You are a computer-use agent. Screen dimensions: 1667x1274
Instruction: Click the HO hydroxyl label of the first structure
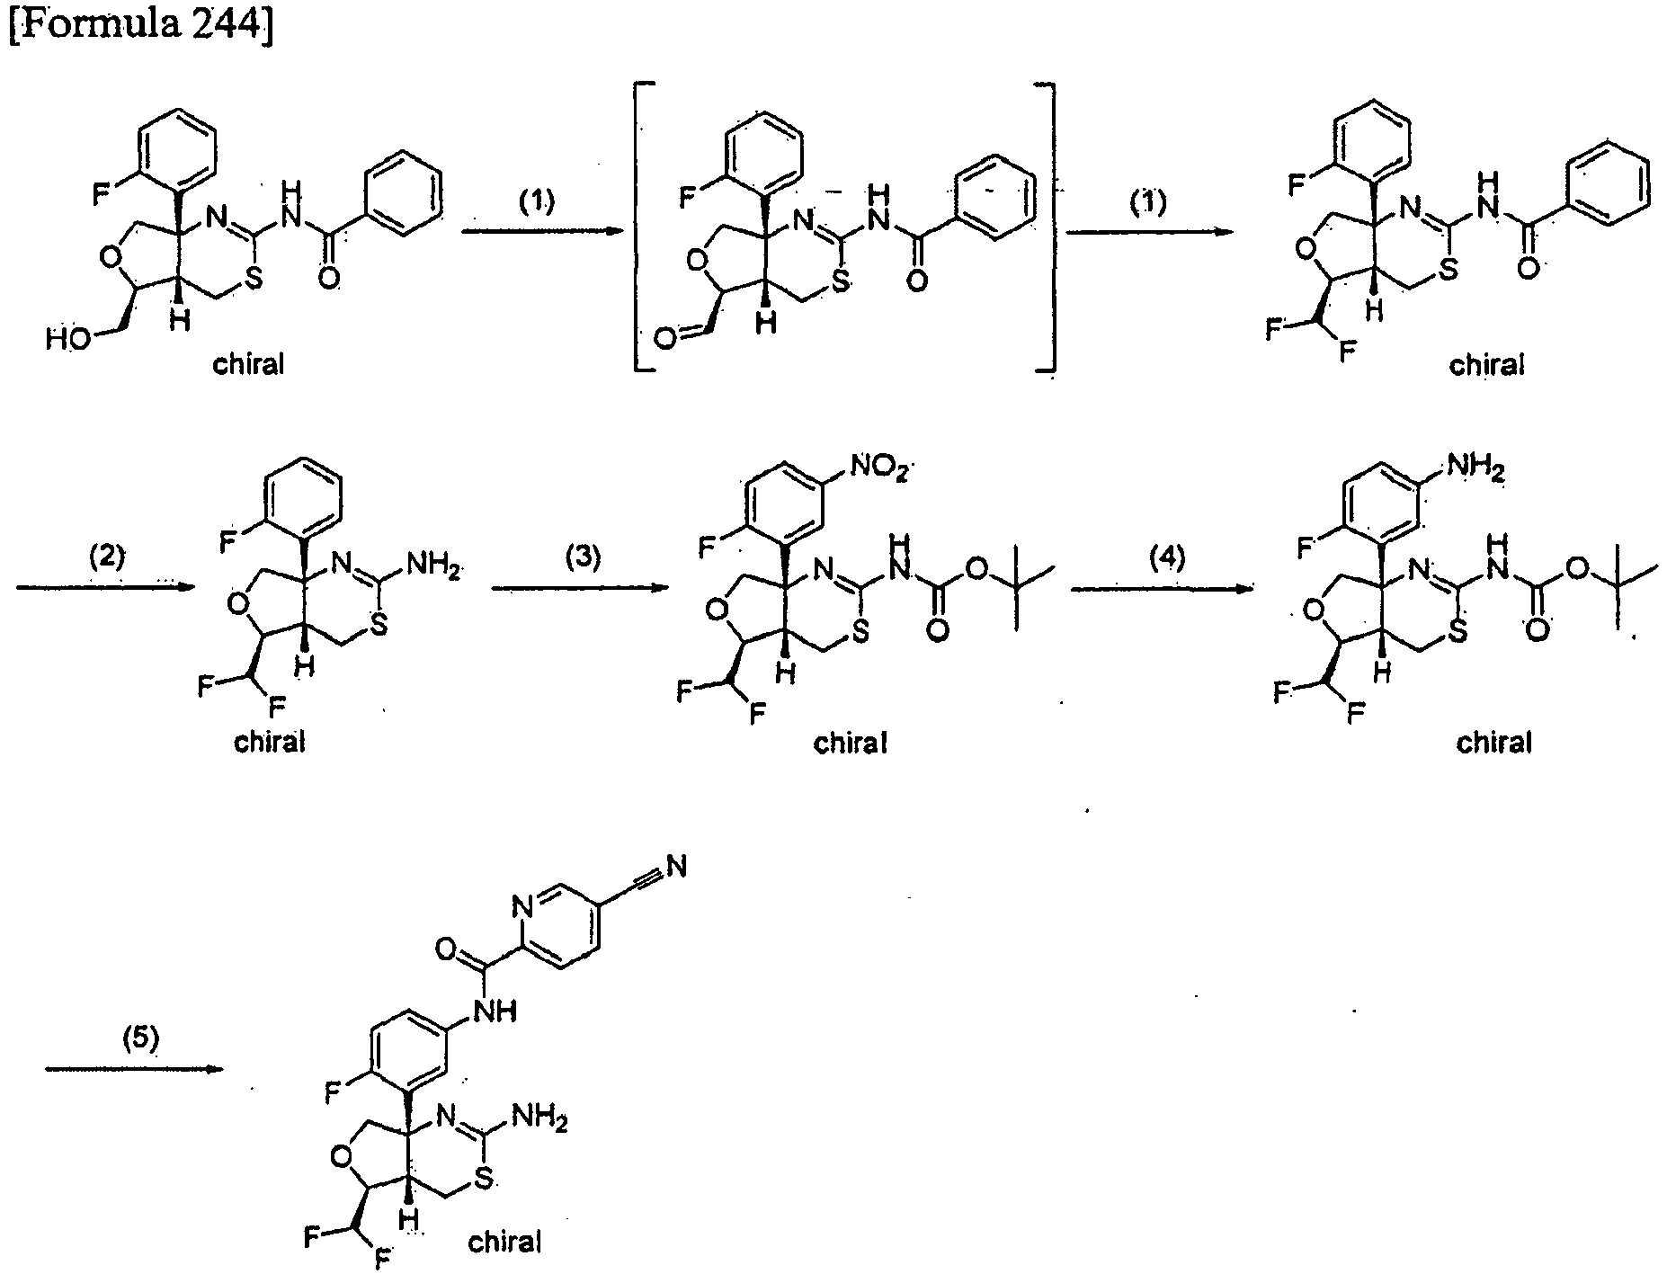tap(69, 340)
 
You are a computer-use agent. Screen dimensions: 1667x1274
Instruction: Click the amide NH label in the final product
tap(497, 1011)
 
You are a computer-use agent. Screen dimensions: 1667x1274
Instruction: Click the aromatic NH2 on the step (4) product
tap(1472, 469)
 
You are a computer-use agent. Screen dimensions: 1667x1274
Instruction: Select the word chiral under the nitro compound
tap(851, 743)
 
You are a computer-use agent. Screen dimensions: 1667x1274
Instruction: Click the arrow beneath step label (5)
tap(133, 1069)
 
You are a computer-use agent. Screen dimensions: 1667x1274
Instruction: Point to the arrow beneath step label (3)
tap(577, 589)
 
